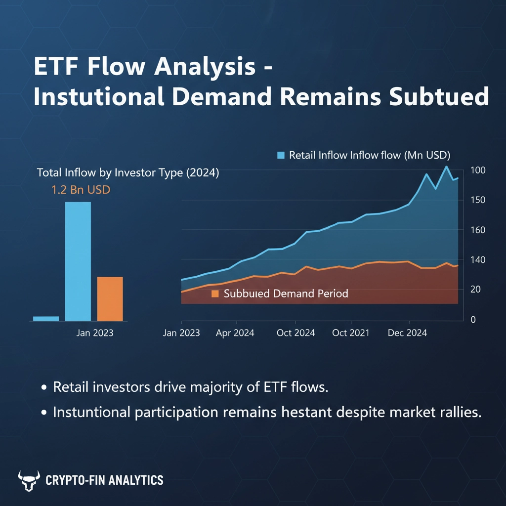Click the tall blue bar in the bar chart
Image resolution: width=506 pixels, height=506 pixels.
tap(78, 261)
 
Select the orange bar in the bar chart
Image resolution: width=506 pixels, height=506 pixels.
tap(110, 299)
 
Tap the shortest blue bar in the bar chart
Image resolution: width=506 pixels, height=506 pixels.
tap(46, 319)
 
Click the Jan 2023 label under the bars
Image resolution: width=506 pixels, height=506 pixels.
tap(95, 333)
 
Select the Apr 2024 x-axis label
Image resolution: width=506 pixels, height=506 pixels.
tap(235, 333)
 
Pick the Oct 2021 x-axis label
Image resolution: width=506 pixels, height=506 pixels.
tap(351, 333)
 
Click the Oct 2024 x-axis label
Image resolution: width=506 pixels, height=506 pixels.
tap(295, 333)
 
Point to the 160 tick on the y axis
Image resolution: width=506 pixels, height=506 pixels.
tap(478, 230)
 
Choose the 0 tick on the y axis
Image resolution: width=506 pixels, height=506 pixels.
tap(473, 320)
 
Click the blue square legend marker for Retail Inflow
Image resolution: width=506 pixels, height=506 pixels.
tap(281, 155)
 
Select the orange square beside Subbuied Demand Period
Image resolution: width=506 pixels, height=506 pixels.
tap(215, 294)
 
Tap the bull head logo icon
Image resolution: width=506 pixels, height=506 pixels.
tap(29, 480)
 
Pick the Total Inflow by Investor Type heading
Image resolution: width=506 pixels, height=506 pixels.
tap(128, 173)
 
